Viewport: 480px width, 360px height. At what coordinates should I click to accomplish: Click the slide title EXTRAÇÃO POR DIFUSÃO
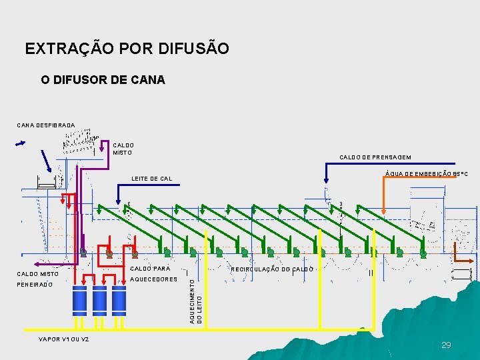pos(127,49)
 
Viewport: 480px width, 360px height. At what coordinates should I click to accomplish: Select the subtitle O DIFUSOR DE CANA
pos(103,80)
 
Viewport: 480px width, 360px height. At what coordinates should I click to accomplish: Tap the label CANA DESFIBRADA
pos(46,124)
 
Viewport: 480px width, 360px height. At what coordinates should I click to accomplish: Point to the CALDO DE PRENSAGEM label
pos(375,157)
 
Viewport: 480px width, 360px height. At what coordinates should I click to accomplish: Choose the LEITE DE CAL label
pos(152,179)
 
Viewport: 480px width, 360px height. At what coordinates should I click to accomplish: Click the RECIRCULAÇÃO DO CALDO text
pos(272,269)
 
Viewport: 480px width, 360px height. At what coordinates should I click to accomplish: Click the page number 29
pos(446,345)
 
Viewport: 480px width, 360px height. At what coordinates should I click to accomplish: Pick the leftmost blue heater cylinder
pos(80,301)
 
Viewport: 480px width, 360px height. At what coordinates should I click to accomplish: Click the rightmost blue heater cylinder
pos(119,301)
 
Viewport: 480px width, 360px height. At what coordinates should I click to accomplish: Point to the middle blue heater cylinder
pos(100,301)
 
